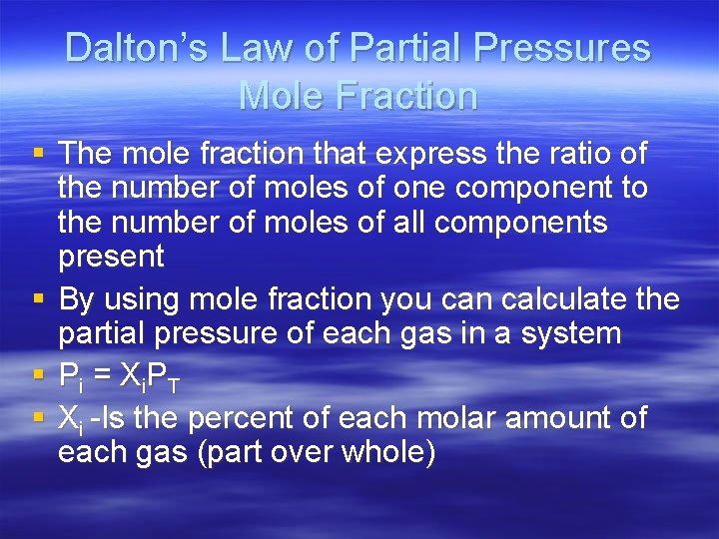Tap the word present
pos(111,257)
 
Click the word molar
pos(455,417)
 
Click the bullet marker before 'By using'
pos(38,298)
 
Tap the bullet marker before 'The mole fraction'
pos(38,155)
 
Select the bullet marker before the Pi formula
pos(38,375)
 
